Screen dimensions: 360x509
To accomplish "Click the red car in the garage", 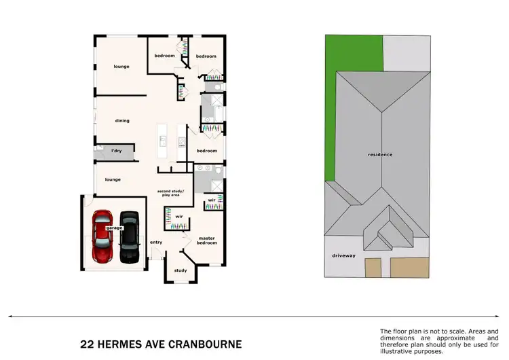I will click(x=103, y=237).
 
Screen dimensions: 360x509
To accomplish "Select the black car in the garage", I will click(x=129, y=238).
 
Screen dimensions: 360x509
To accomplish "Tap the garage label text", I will click(x=114, y=228).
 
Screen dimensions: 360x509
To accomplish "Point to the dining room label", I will click(x=122, y=121).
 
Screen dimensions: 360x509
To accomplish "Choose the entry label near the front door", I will click(x=156, y=242).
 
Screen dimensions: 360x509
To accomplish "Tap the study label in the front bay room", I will click(x=180, y=270).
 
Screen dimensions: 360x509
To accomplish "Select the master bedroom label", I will click(x=206, y=240).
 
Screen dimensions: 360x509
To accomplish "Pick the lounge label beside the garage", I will click(x=113, y=180).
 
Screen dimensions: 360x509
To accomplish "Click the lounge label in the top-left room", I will click(x=121, y=67).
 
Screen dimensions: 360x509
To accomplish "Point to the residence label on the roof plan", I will click(x=380, y=155).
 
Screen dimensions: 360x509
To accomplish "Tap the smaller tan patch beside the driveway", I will click(x=373, y=268).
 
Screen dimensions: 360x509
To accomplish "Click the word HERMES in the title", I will click(x=119, y=344).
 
